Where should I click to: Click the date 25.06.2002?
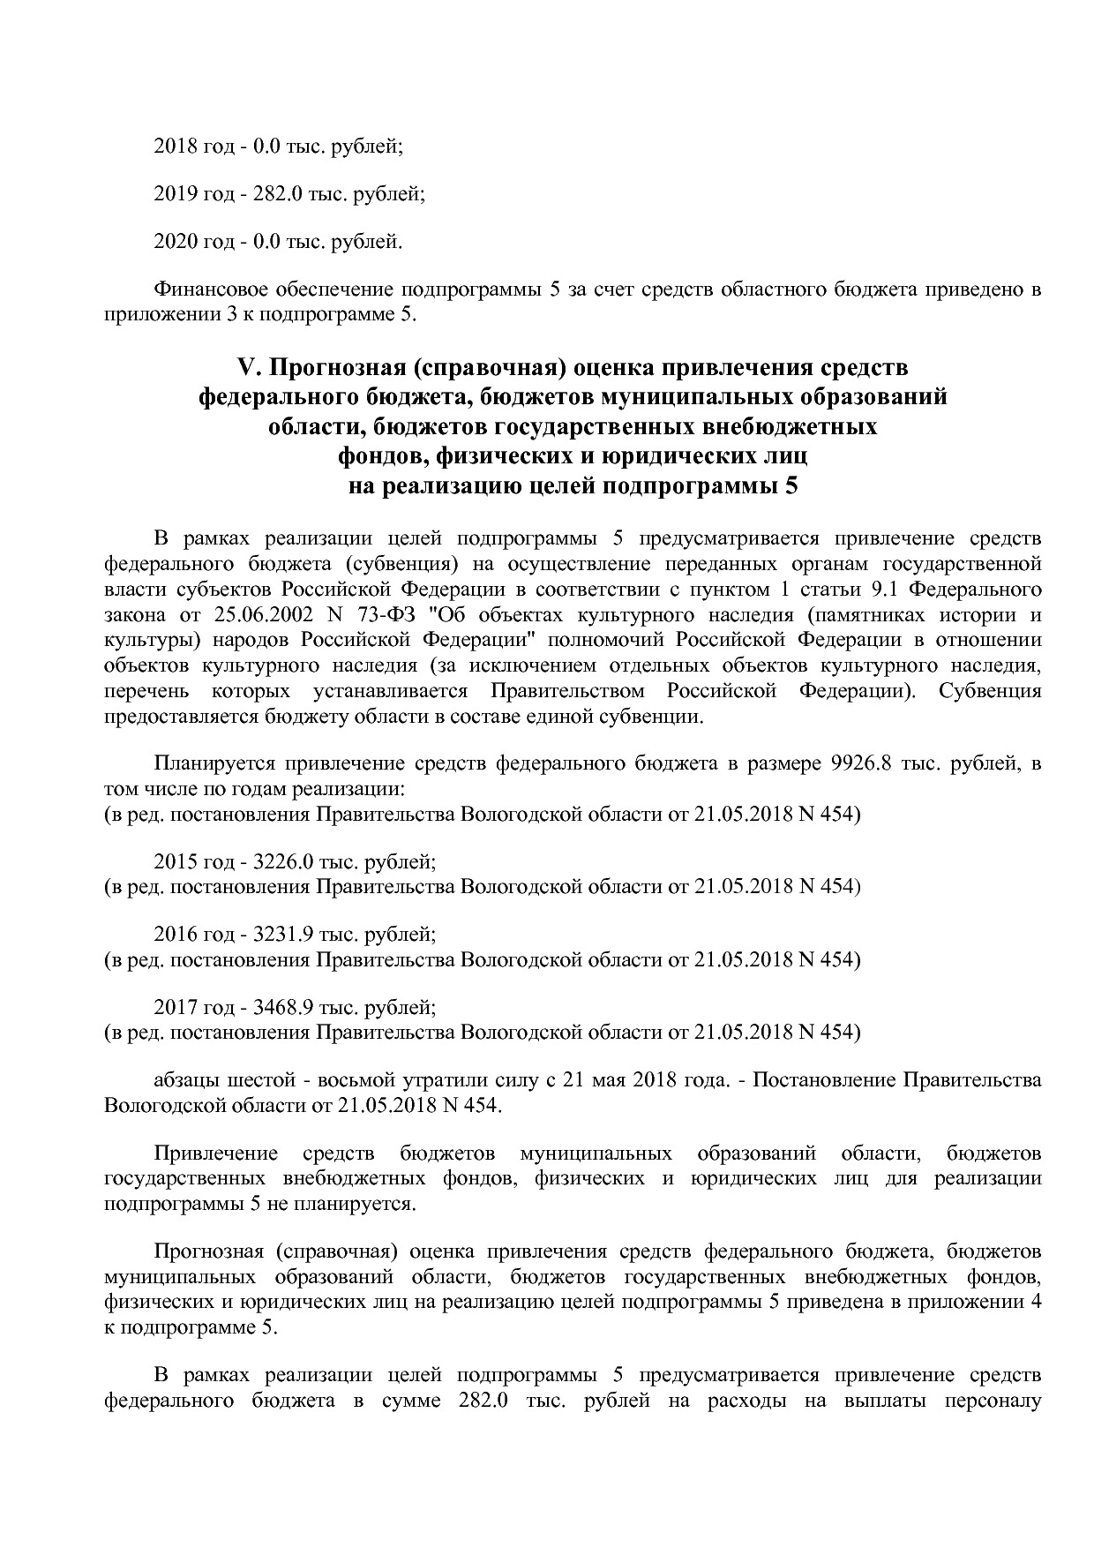point(259,615)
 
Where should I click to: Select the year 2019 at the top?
point(174,194)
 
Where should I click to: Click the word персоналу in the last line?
point(993,1401)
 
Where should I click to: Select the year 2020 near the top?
point(174,241)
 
